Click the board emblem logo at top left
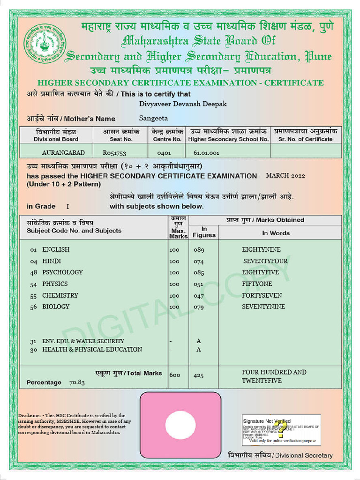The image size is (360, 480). tap(45, 44)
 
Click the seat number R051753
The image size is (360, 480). tap(114, 153)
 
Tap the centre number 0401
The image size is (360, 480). tap(164, 153)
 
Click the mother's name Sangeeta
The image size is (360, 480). tap(153, 119)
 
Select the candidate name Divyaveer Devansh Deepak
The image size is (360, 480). tap(183, 104)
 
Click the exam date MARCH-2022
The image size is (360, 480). tap(285, 176)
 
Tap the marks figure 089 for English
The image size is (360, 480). tap(199, 250)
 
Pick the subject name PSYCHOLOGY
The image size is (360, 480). tap(62, 272)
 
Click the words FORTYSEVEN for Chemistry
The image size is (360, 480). tap(262, 295)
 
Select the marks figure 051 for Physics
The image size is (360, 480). tap(199, 284)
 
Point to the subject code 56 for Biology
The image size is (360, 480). tap(33, 307)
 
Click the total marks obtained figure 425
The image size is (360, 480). tap(199, 375)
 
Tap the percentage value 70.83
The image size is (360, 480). tap(77, 382)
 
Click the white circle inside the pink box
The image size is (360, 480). tap(180, 425)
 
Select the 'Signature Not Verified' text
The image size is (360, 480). tap(266, 421)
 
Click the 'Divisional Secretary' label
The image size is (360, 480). tap(303, 456)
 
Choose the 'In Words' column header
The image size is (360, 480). tap(276, 233)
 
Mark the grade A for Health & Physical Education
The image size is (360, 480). tap(199, 350)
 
